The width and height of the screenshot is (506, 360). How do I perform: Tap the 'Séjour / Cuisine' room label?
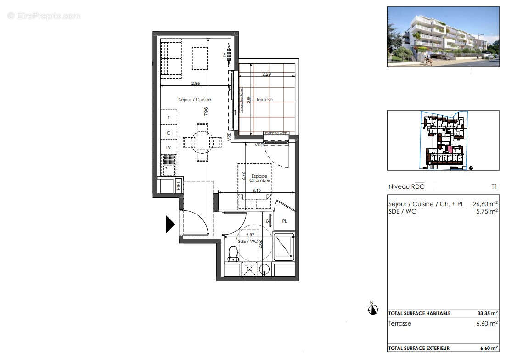(x=195, y=100)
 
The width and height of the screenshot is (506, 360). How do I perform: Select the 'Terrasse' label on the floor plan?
(x=264, y=100)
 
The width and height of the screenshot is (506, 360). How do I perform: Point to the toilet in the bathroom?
(x=233, y=253)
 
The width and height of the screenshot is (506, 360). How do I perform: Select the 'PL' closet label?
(x=284, y=221)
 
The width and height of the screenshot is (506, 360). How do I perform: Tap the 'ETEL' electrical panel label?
(x=179, y=186)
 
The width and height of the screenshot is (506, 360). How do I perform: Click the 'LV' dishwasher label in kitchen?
(x=169, y=147)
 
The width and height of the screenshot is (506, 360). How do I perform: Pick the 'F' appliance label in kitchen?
(x=169, y=118)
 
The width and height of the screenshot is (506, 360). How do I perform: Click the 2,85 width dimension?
(x=195, y=84)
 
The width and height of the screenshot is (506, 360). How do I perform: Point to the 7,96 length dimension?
(x=207, y=112)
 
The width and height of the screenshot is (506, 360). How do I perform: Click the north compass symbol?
(x=373, y=309)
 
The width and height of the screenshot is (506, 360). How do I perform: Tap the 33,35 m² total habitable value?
(x=488, y=314)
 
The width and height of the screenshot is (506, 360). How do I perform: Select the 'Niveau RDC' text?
(x=406, y=187)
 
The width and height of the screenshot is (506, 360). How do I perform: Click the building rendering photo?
(x=443, y=37)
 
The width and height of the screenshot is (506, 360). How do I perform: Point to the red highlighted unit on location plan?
(x=450, y=149)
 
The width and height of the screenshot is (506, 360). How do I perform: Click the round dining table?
(x=200, y=141)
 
